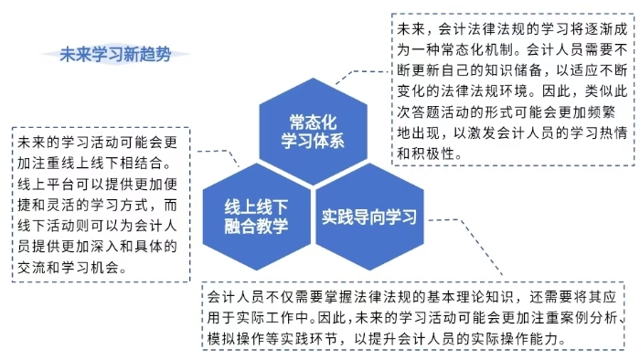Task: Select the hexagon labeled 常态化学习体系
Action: click(x=315, y=131)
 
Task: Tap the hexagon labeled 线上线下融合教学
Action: click(x=257, y=216)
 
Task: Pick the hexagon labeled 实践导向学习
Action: click(x=368, y=217)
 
